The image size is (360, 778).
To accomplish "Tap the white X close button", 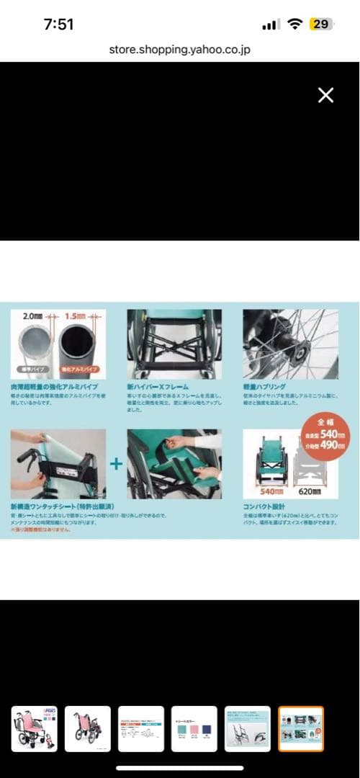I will click(325, 95).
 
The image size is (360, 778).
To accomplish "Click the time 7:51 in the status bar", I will click(58, 24).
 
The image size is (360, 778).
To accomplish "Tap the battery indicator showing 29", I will click(320, 24).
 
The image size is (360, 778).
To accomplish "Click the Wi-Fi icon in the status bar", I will click(294, 24).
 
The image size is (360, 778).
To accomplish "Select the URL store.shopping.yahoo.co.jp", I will click(180, 50).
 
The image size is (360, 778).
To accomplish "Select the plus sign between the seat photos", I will click(116, 463).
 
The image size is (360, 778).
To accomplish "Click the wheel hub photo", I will click(290, 344).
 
